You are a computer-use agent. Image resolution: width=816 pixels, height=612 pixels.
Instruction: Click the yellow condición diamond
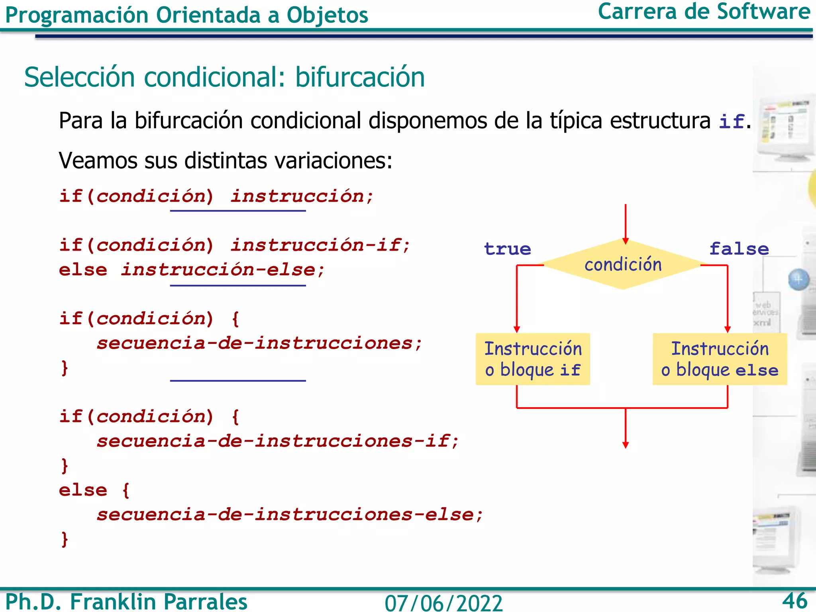pos(622,265)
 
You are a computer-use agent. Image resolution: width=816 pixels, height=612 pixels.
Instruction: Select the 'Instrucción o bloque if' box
pos(533,359)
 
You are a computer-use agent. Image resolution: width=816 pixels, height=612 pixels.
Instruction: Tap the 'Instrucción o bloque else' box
pos(720,359)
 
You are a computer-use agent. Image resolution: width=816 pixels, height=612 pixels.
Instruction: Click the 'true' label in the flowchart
pos(507,249)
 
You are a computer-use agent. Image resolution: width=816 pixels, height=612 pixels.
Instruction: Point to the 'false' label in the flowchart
pos(739,249)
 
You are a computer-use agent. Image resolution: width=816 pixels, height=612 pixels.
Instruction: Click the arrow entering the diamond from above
pos(626,223)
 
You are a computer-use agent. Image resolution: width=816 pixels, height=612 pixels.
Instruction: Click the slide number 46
pos(794,600)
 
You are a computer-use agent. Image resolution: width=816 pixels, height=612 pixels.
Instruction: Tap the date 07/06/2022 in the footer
pos(443,603)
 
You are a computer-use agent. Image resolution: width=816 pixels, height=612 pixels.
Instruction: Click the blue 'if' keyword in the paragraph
pos(731,122)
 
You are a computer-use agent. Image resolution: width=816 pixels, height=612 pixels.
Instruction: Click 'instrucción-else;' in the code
pos(223,270)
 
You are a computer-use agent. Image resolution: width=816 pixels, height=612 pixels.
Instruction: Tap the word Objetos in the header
pos(327,16)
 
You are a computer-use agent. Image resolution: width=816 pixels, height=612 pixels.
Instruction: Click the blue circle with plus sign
pos(798,279)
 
